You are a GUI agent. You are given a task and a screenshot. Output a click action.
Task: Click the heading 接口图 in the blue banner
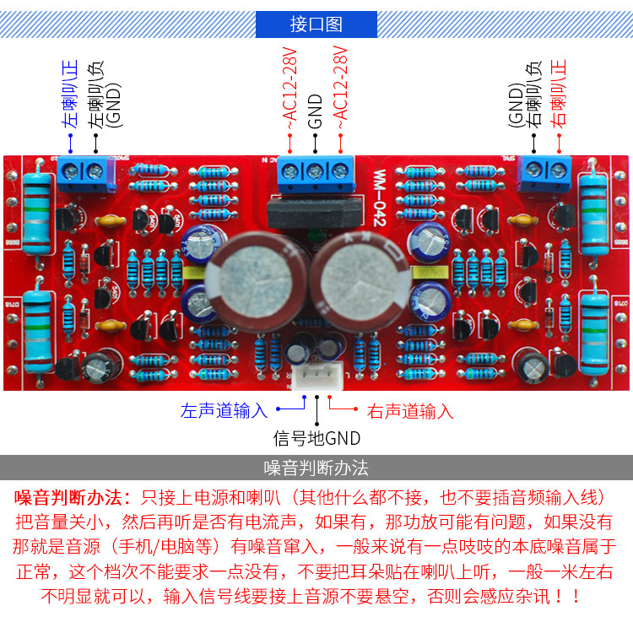tap(316, 24)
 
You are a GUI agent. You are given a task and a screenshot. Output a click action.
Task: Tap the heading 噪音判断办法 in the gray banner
tap(316, 468)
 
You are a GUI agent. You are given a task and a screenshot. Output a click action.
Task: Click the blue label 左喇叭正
tap(71, 93)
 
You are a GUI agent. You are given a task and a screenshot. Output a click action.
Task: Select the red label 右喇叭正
tap(559, 93)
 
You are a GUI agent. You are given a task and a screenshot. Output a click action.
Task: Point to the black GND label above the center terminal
tap(316, 111)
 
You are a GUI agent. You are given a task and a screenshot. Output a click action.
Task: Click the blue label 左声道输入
tap(224, 411)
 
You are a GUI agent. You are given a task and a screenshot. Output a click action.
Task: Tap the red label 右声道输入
tap(410, 412)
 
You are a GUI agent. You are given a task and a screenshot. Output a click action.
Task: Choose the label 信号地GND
tap(316, 438)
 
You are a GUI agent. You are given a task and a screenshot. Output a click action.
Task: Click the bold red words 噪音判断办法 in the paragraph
tap(73, 495)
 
